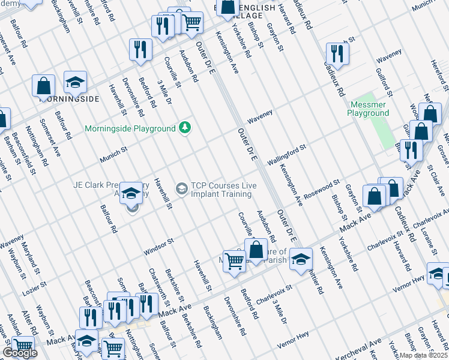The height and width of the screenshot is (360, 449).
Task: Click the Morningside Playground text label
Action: [x=130, y=128]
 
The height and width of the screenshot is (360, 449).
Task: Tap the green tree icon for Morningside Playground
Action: [x=185, y=128]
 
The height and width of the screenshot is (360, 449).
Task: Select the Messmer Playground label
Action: [x=369, y=109]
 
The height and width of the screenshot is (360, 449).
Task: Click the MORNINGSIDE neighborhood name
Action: [x=69, y=99]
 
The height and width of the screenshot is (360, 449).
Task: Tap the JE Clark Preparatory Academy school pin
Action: [x=131, y=194]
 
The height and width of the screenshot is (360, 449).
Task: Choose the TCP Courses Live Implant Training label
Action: [x=221, y=190]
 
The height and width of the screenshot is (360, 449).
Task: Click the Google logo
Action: [x=20, y=353]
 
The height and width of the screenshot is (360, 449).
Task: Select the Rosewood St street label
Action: [x=322, y=187]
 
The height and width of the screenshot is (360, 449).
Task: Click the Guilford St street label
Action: [x=384, y=83]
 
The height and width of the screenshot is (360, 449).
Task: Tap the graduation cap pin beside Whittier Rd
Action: [x=301, y=259]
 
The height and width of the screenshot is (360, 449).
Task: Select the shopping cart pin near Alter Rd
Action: [x=23, y=346]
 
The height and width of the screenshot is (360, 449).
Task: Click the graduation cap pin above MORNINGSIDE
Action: [x=75, y=82]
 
